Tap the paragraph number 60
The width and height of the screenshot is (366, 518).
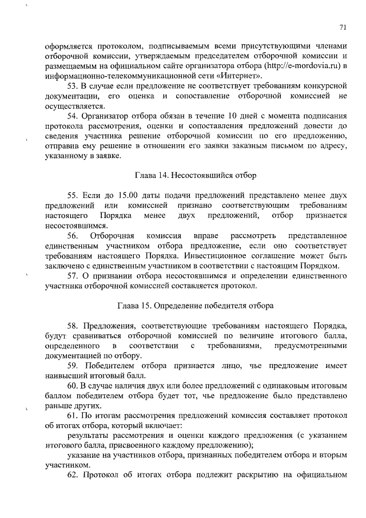coord(73,386)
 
